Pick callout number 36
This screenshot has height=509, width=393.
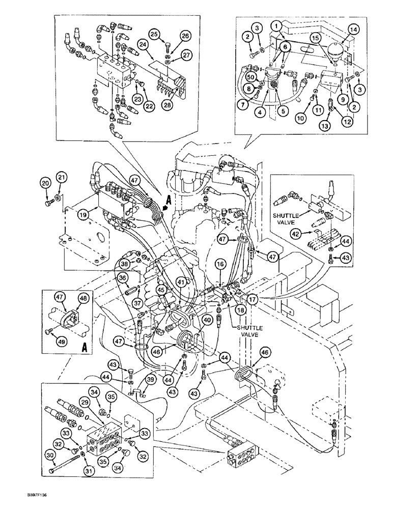click(122, 278)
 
